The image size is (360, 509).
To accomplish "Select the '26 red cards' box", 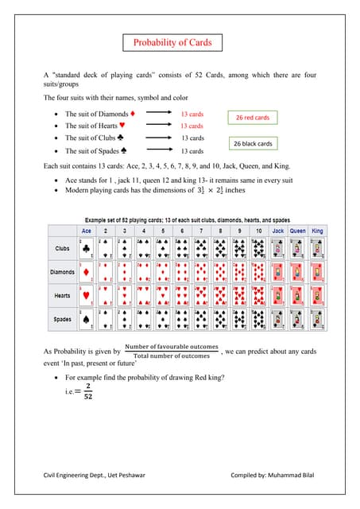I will tap(253, 118).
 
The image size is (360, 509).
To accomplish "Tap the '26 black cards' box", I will tap(253, 144).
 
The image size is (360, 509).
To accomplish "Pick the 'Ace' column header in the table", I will tap(87, 231).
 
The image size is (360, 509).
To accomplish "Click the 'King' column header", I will tap(318, 231).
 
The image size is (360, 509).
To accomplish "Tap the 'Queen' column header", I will tap(297, 231).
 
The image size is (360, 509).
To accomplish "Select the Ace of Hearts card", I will tap(87, 296).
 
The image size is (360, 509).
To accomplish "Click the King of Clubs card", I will tap(318, 248).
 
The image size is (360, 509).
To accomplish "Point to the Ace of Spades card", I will tap(87, 320).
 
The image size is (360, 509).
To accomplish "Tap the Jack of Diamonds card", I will tap(277, 272).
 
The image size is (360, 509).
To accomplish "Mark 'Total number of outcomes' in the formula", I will tap(171, 356).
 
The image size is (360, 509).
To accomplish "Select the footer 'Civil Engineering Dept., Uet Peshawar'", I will tap(94, 475).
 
